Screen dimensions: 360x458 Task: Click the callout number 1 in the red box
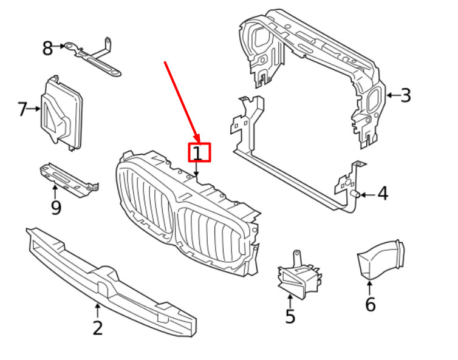click(x=199, y=152)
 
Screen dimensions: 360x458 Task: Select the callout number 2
click(x=97, y=328)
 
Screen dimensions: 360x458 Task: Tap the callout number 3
click(x=405, y=95)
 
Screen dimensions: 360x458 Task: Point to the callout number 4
click(x=382, y=194)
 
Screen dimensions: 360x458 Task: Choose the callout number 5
click(x=290, y=316)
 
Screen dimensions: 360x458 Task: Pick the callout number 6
click(x=370, y=304)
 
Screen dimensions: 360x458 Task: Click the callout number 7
click(x=22, y=110)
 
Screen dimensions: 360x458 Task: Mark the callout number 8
click(x=47, y=48)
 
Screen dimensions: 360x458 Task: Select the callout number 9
click(x=56, y=208)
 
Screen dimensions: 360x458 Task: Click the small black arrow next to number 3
click(x=391, y=95)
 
